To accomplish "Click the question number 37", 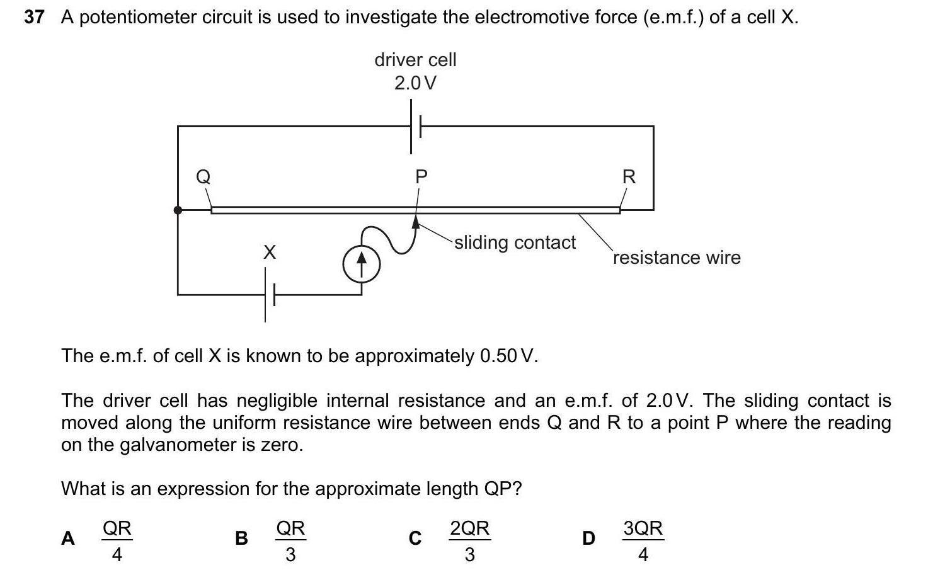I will click(34, 17).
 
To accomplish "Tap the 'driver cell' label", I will click(415, 60).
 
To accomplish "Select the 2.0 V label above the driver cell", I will click(415, 83).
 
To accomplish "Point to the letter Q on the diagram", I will click(203, 176).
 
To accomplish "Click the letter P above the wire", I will click(421, 177).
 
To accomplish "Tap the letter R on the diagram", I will click(629, 177).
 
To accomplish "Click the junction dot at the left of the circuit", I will click(178, 210).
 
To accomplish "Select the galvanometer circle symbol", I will click(361, 265).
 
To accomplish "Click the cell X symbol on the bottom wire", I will click(270, 294).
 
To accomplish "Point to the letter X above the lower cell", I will click(270, 253).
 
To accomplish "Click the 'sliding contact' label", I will click(515, 242).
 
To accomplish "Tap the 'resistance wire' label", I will click(677, 258).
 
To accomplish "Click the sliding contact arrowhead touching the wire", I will click(416, 221).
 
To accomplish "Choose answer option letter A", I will click(68, 538).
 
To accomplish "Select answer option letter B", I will click(241, 538).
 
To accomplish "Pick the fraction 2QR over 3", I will click(469, 540).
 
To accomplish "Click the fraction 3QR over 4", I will click(643, 540).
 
